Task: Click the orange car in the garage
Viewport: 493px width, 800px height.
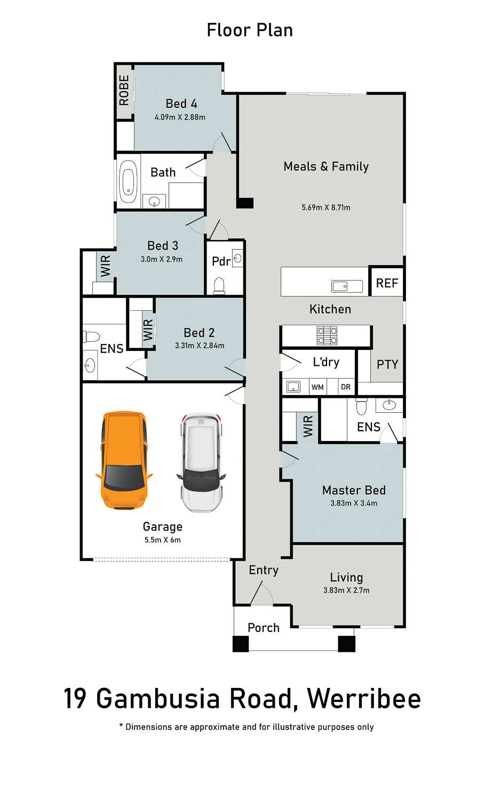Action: point(124,460)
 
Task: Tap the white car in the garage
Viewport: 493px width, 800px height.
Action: point(201,462)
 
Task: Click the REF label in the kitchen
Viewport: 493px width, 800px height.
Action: point(387,283)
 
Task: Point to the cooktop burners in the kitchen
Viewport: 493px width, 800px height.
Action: point(327,335)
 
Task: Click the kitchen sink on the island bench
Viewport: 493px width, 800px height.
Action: point(347,286)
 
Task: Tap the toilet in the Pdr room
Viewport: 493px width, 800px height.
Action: point(219,286)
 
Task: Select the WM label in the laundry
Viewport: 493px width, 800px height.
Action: point(317,387)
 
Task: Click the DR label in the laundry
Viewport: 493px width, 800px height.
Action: point(345,387)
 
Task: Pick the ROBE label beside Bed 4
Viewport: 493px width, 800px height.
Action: point(124,90)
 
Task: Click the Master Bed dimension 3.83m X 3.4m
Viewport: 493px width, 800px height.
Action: point(354,503)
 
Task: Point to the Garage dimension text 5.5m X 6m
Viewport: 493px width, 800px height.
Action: point(163,540)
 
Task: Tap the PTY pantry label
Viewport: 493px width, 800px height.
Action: point(387,364)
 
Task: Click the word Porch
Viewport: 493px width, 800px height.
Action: point(264,628)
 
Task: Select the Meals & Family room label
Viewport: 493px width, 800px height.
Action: point(326,166)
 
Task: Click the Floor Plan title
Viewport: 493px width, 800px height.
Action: point(250,30)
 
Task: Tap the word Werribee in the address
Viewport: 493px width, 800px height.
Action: point(364,699)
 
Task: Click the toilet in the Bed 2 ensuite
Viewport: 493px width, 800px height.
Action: point(92,337)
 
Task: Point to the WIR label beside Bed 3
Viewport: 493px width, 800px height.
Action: point(106,266)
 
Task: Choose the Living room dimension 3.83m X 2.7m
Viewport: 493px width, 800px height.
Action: point(346,590)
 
